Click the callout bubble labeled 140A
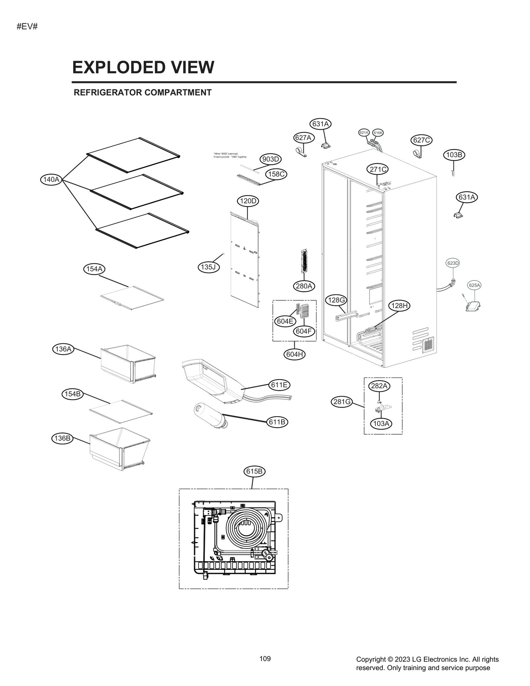tap(51, 180)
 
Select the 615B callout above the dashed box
tap(254, 471)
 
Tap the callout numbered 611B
tap(277, 422)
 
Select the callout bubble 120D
tap(248, 201)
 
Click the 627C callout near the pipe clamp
tap(421, 140)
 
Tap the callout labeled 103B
tap(454, 155)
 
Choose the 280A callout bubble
tap(304, 286)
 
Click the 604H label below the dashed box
tap(294, 354)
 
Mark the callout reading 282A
tap(379, 386)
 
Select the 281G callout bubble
tap(342, 402)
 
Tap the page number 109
tap(265, 659)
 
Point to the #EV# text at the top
tap(27, 26)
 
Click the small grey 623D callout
tap(453, 263)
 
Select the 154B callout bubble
tap(72, 394)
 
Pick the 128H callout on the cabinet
tap(399, 306)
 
